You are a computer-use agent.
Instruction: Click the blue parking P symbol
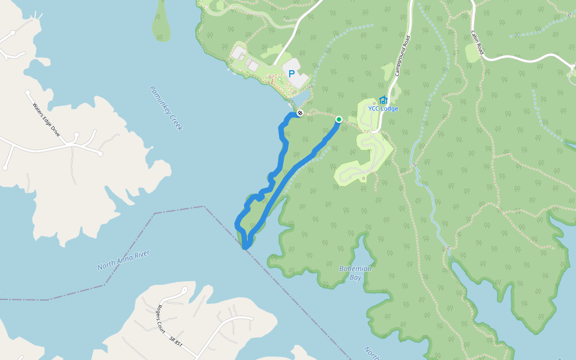click(292, 74)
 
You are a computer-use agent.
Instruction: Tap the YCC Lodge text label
click(383, 109)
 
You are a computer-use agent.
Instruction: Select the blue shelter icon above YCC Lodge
click(383, 100)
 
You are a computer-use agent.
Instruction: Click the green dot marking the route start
click(338, 119)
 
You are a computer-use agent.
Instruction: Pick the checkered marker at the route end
click(300, 113)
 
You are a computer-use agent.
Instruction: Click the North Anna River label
click(123, 260)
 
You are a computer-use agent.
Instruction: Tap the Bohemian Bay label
click(355, 273)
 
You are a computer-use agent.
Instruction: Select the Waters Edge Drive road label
click(47, 119)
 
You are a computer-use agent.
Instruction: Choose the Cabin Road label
click(477, 43)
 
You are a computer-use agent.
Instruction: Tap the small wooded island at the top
click(161, 21)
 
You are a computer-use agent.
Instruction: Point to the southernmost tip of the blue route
click(245, 247)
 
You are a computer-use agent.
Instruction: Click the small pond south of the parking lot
click(302, 97)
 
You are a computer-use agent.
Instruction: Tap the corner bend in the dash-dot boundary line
click(204, 207)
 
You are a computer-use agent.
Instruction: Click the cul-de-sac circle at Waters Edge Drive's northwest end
click(28, 93)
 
